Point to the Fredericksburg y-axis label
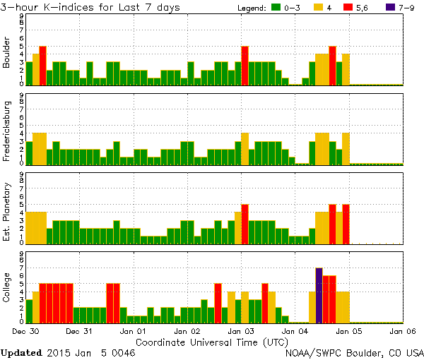tap(7, 132)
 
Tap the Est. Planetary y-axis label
tap(7, 210)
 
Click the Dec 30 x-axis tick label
tap(26, 330)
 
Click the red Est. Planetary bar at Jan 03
tap(245, 224)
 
